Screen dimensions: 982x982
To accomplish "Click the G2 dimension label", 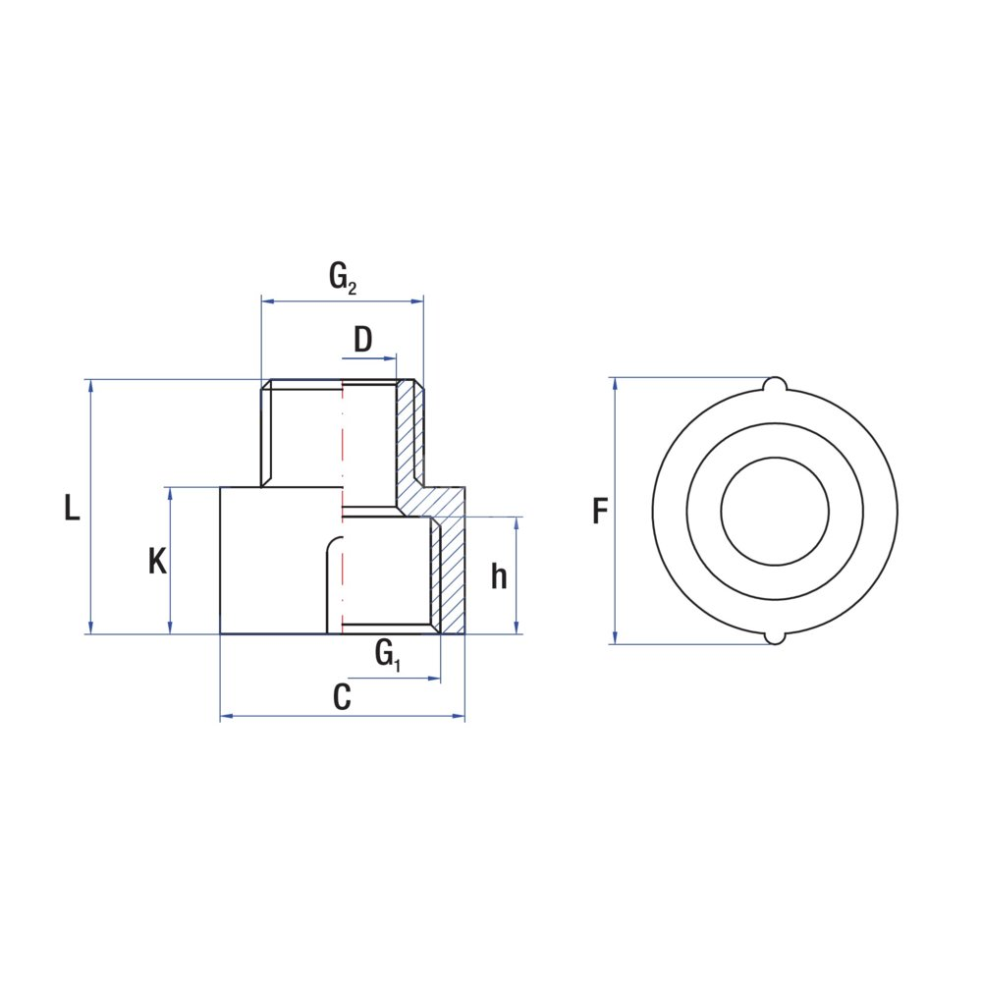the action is pyautogui.click(x=343, y=278).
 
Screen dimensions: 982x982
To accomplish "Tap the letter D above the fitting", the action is pyautogui.click(x=363, y=340).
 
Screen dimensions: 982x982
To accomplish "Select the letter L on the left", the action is pyautogui.click(x=72, y=508).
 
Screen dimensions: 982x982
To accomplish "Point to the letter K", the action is pyautogui.click(x=158, y=561).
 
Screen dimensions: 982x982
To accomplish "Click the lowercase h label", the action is pyautogui.click(x=499, y=576).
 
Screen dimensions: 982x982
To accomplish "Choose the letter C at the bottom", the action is pyautogui.click(x=342, y=697).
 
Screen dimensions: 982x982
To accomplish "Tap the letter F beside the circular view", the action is pyautogui.click(x=600, y=511).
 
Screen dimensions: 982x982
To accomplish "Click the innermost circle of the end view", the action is pyautogui.click(x=776, y=458).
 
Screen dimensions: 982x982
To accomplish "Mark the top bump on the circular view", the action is pyautogui.click(x=776, y=383).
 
